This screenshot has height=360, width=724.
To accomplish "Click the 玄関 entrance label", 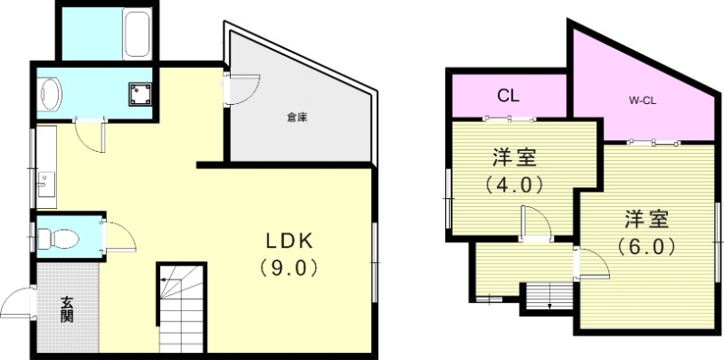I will click(68, 309).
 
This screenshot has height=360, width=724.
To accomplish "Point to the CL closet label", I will click(508, 95).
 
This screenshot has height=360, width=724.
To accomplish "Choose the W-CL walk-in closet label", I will click(642, 100).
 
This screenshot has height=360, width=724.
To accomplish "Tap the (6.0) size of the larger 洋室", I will click(645, 245).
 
